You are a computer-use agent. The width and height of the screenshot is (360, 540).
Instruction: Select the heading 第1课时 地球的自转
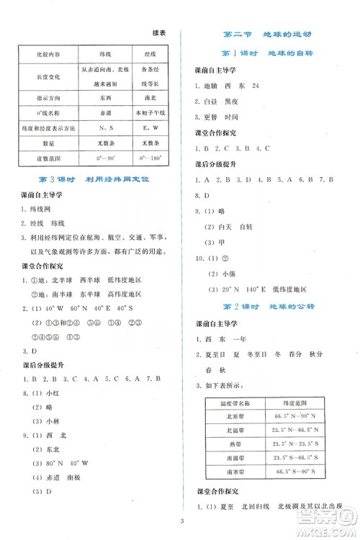pyautogui.click(x=269, y=55)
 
